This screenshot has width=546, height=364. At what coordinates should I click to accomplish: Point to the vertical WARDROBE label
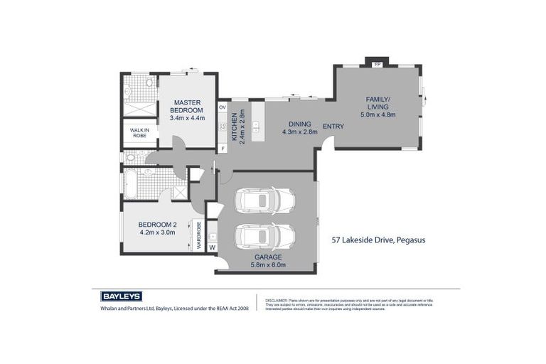pos(198,235)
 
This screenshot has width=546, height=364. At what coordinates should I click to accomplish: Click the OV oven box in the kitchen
pos(222,107)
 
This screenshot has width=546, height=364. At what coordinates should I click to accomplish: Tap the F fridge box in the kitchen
pos(222,148)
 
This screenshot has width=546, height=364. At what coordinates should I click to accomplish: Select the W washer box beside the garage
pos(211,247)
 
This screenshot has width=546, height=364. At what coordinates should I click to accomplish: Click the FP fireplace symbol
pos(377,64)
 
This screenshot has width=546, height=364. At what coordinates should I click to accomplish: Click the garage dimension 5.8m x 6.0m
pos(268,265)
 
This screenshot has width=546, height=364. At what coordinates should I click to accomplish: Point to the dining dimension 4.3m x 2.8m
pos(299,132)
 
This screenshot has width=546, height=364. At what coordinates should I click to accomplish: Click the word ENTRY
pos(333,127)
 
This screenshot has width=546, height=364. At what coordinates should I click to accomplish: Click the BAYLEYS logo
pos(120,296)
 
